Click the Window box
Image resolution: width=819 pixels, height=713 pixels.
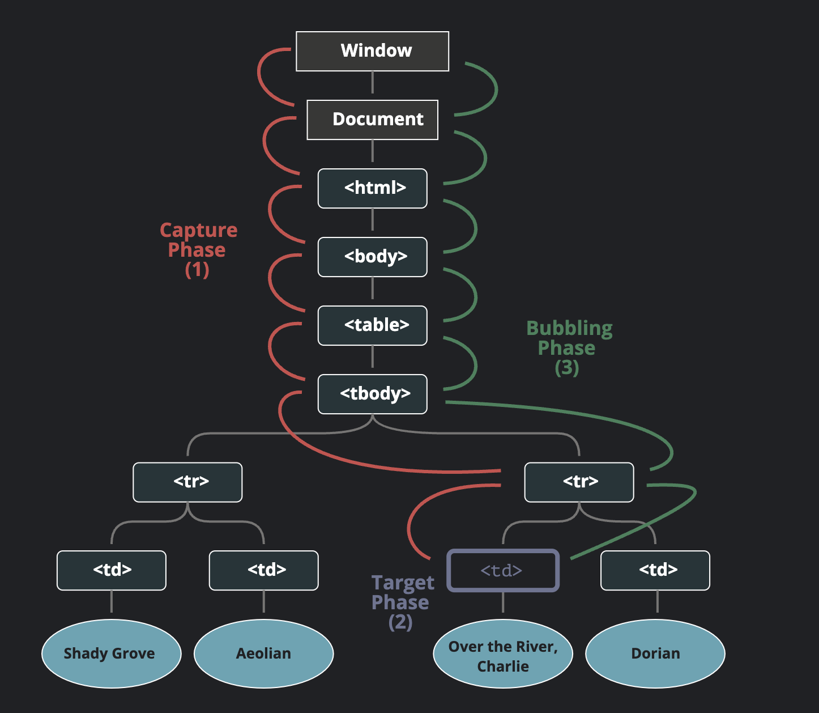pyautogui.click(x=372, y=51)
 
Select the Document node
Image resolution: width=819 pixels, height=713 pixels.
pyautogui.click(x=372, y=120)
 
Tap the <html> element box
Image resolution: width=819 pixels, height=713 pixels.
pyautogui.click(x=372, y=188)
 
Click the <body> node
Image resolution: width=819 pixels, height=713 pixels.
pyautogui.click(x=372, y=257)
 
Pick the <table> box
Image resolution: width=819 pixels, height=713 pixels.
pyautogui.click(x=372, y=325)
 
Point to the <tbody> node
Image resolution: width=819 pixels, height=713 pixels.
pyautogui.click(x=372, y=394)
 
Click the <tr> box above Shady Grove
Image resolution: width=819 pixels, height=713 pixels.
pyautogui.click(x=187, y=482)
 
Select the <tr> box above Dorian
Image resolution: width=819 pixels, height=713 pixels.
pyautogui.click(x=579, y=482)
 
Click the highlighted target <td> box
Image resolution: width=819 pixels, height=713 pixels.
pyautogui.click(x=503, y=570)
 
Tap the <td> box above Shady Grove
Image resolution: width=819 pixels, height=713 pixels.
pyautogui.click(x=112, y=570)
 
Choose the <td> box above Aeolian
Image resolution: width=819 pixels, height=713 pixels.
pyautogui.click(x=263, y=570)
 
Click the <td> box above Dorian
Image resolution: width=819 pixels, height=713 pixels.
pyautogui.click(x=655, y=570)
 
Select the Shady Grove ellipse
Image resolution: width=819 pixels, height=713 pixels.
pyautogui.click(x=112, y=653)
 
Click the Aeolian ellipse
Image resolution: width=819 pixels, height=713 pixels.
pyautogui.click(x=263, y=653)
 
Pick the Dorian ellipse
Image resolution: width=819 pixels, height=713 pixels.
pyautogui.click(x=655, y=653)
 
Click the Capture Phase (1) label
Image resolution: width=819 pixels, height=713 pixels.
pyautogui.click(x=198, y=249)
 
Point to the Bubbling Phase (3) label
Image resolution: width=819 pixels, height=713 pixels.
pyautogui.click(x=569, y=347)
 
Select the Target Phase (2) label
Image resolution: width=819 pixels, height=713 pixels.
pyautogui.click(x=402, y=602)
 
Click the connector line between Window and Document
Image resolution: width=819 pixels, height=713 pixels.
pyautogui.click(x=372, y=83)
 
